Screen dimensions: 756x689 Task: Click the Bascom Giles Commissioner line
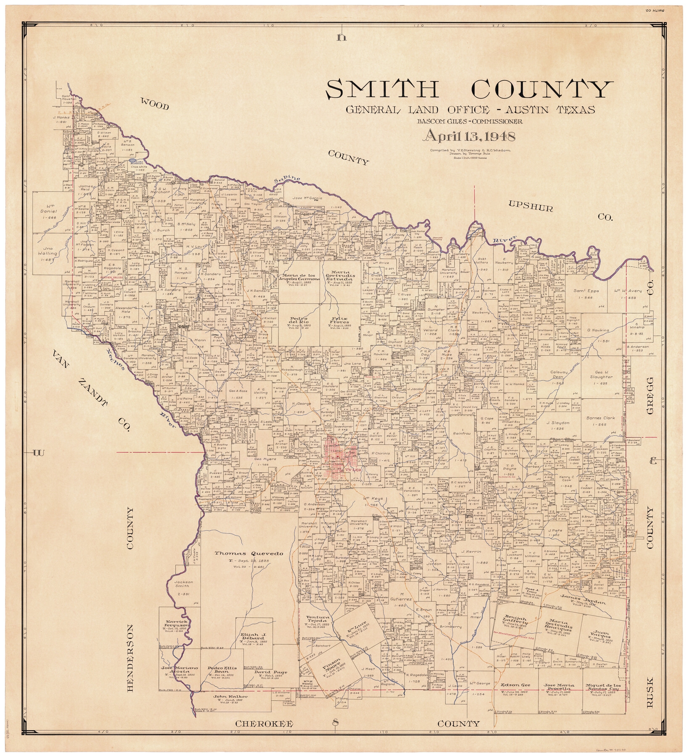pyautogui.click(x=470, y=121)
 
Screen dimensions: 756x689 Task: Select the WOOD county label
pyautogui.click(x=154, y=104)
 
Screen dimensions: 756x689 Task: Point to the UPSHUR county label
pyautogui.click(x=531, y=206)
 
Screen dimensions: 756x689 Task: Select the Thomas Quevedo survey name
pyautogui.click(x=249, y=553)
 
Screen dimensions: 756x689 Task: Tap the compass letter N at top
pyautogui.click(x=342, y=38)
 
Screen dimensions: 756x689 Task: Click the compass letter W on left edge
pyautogui.click(x=38, y=452)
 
